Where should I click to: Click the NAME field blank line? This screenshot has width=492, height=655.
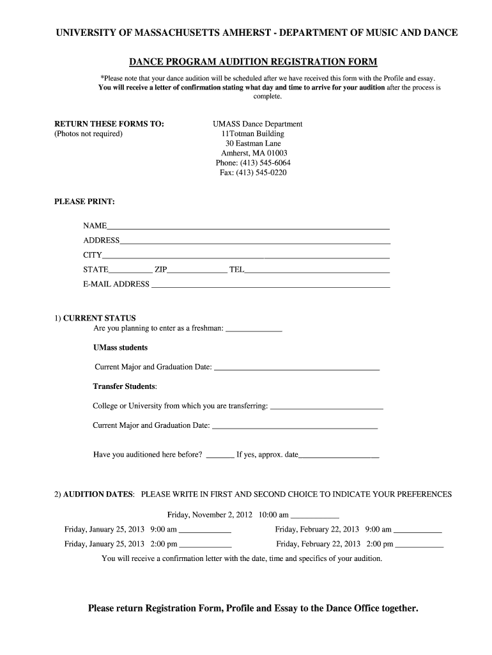(x=248, y=227)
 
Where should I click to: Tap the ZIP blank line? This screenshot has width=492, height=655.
(x=197, y=272)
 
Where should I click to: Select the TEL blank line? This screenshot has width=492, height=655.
(x=317, y=272)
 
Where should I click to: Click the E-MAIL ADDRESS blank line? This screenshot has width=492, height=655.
(x=270, y=287)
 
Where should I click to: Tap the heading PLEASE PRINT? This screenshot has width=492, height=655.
(x=85, y=201)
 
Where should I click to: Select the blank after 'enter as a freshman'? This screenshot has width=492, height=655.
(x=254, y=330)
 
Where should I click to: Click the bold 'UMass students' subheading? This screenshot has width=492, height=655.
(x=120, y=347)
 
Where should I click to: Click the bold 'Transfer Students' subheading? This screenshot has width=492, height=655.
(x=124, y=386)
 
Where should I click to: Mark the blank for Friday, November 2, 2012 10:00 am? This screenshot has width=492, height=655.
(x=314, y=516)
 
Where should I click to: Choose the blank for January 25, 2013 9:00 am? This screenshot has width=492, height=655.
(x=204, y=532)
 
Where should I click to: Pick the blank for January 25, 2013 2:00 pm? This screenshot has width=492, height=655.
(x=205, y=546)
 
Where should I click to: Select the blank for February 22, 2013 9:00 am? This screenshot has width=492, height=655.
(x=417, y=532)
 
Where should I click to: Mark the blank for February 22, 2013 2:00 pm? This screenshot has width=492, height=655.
(x=419, y=546)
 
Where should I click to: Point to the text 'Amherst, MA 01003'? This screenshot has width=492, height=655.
(x=254, y=154)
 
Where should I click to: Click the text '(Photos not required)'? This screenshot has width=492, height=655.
(x=88, y=134)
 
